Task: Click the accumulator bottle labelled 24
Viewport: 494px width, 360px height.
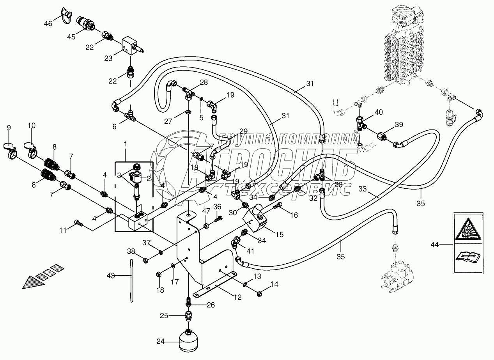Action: coord(189,340)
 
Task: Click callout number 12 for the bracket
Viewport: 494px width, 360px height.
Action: coord(238,298)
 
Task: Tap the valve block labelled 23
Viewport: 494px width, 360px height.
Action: coord(128,44)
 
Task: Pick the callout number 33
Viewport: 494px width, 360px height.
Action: coord(363,189)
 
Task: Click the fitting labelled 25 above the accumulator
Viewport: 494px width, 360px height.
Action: coord(189,315)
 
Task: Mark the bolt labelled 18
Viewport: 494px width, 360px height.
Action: coord(159,275)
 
